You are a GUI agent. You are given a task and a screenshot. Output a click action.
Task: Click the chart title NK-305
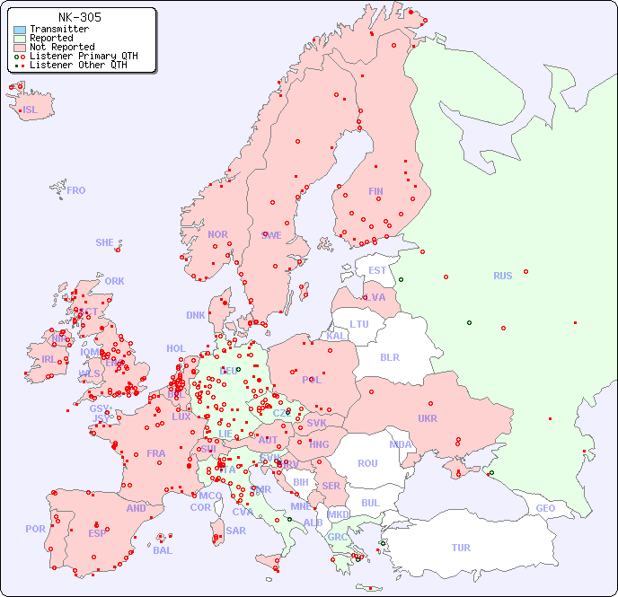pos(79,17)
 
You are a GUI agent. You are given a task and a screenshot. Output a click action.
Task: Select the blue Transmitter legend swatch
pos(20,30)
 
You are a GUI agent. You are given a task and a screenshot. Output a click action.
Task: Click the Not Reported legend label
pos(61,47)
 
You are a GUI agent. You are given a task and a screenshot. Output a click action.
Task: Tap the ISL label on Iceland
pos(31,110)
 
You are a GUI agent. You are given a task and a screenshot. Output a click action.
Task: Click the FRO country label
pos(76,190)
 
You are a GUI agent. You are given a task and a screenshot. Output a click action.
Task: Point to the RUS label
pos(502,276)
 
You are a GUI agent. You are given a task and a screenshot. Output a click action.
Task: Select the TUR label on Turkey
pos(461,548)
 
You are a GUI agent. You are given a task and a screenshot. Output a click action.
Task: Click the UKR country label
pos(428,418)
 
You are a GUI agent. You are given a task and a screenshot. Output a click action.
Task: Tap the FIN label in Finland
pos(375,191)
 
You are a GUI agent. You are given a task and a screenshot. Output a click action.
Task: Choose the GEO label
pos(545,508)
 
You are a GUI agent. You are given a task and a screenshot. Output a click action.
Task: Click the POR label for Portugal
pos(35,529)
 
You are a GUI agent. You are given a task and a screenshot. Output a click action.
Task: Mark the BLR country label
pos(390,356)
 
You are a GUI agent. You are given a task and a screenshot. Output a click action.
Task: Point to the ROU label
pos(367,463)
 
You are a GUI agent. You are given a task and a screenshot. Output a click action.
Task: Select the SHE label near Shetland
pos(105,242)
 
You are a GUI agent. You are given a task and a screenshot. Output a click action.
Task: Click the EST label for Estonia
pos(377,270)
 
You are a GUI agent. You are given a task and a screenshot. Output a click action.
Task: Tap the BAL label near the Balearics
pos(163,550)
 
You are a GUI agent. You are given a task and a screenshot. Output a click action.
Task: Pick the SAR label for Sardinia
pos(235,531)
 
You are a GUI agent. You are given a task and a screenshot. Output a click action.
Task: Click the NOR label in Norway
pos(217,234)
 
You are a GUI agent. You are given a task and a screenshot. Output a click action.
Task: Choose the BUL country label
pos(370,503)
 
